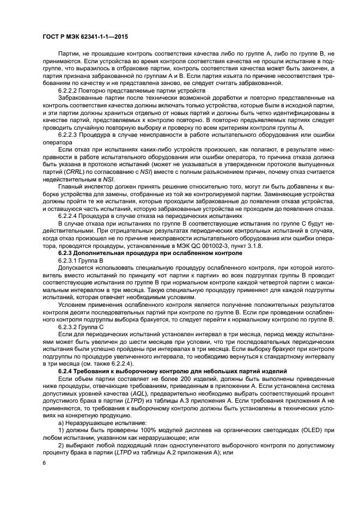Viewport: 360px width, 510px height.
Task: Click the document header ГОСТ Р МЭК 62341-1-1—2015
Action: (82, 36)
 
